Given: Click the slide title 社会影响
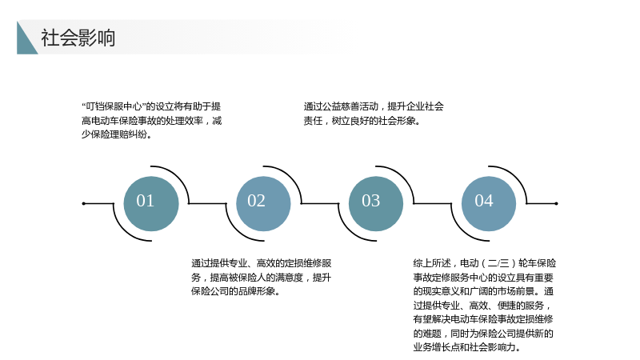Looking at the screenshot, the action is tap(78, 38).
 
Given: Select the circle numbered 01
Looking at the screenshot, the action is tap(151, 203).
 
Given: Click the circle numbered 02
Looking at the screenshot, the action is tap(263, 203).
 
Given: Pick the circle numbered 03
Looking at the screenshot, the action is tap(376, 203).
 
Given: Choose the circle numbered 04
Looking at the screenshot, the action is tap(489, 203).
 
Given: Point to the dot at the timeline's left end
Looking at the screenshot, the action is tap(84, 203).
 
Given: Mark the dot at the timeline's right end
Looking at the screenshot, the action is tap(556, 203).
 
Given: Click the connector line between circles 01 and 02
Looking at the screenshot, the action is tap(207, 203).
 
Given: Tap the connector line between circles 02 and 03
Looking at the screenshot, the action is tap(320, 203).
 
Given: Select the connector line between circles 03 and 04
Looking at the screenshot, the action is tap(433, 203).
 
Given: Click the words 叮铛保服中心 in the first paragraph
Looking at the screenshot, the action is tap(114, 106).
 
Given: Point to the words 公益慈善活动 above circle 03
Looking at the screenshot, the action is tap(350, 106).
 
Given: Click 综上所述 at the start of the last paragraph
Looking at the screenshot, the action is tap(432, 263).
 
